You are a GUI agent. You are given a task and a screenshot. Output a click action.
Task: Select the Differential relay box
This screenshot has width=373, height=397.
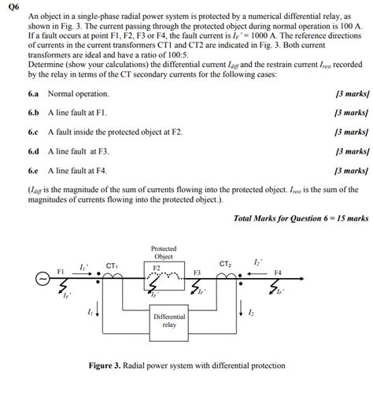[169, 321]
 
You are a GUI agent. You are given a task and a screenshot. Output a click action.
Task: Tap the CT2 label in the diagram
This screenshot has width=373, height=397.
[225, 263]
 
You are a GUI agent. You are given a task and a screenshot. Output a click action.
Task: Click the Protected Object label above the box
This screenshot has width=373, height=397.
[163, 252]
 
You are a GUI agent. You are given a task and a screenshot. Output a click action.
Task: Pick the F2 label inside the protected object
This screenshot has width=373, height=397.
[156, 268]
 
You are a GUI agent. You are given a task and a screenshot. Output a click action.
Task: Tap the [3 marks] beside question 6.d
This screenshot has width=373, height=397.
[351, 151]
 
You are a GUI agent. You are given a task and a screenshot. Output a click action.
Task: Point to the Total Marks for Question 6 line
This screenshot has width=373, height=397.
[301, 217]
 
